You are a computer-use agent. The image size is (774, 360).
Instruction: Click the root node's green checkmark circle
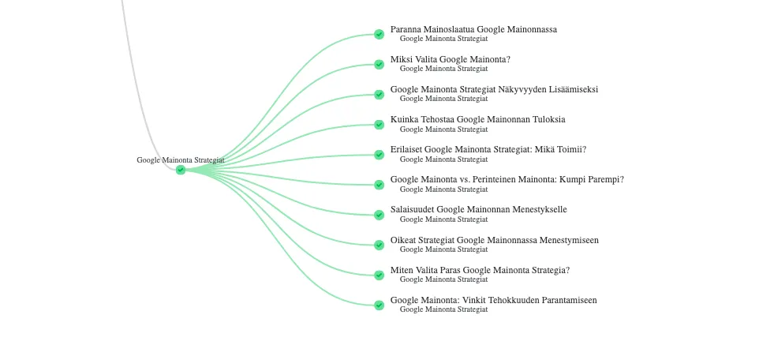[181, 170]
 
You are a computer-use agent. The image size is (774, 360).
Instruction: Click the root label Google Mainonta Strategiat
[181, 160]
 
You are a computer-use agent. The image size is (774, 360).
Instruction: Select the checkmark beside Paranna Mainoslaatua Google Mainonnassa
[379, 34]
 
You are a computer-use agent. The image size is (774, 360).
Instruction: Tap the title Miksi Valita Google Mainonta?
[451, 59]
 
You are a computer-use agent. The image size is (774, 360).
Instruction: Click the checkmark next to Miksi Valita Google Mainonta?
[379, 64]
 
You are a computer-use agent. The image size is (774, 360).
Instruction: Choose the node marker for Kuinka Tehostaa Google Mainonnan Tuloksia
[379, 125]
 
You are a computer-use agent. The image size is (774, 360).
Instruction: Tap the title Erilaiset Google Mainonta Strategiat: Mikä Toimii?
[488, 150]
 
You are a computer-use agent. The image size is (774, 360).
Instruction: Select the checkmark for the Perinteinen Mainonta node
[379, 185]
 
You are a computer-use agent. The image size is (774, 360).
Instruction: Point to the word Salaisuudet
[412, 209]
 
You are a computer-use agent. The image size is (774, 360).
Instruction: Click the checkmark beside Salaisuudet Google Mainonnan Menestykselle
[379, 215]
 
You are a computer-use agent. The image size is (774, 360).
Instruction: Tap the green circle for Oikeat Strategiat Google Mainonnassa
[379, 245]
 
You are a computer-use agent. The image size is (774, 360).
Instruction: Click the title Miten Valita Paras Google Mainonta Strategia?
[480, 270]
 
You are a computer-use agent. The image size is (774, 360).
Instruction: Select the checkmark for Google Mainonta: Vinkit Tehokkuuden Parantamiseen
[379, 306]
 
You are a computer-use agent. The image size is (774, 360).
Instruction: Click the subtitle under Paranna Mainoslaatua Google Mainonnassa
[443, 39]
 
